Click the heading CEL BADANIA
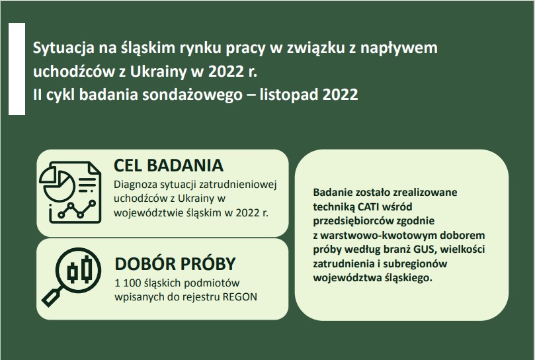[169, 165]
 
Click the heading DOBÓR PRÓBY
[175, 263]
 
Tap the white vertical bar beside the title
[17, 69]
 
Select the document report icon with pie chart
[70, 193]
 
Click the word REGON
[240, 297]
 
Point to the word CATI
[369, 206]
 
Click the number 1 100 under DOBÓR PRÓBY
[128, 283]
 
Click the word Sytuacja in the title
[63, 48]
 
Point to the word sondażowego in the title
[192, 95]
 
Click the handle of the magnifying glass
[52, 296]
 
